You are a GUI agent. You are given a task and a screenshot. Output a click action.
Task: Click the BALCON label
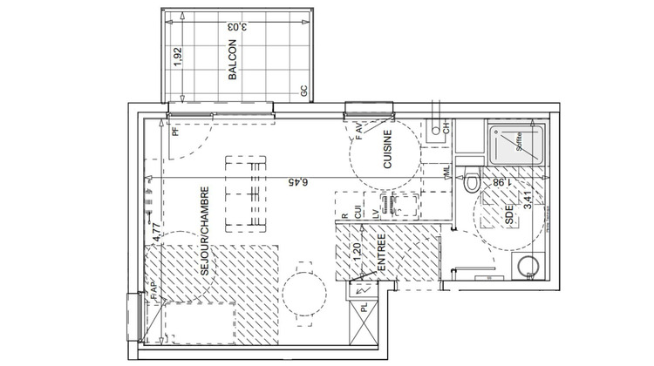[233, 62]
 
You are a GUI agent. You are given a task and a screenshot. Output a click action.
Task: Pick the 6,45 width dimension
[298, 180]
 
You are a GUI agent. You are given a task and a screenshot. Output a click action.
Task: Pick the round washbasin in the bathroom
[526, 268]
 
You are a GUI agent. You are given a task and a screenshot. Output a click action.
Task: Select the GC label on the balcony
[303, 91]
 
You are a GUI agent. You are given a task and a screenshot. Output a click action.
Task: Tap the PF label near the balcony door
[175, 132]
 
